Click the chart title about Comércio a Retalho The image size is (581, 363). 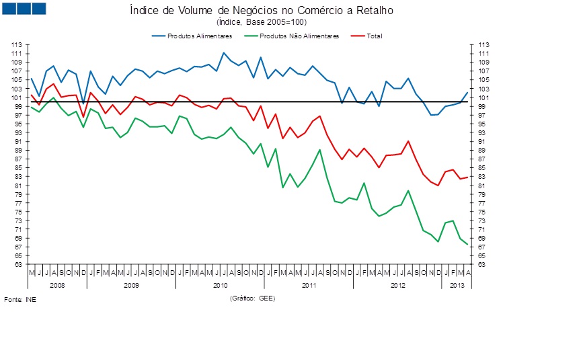(x=261, y=11)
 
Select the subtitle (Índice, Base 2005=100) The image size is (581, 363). (x=261, y=22)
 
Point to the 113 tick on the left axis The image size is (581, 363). (x=17, y=44)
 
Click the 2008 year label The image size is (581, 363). (x=57, y=286)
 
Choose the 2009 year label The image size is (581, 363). (x=131, y=286)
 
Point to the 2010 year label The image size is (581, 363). (x=220, y=286)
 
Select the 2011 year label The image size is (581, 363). (x=309, y=286)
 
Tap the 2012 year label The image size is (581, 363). (x=397, y=286)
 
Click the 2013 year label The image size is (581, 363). (x=457, y=286)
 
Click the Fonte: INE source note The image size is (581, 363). (x=20, y=299)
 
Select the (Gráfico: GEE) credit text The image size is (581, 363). (x=252, y=298)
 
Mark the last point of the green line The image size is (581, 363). (x=468, y=245)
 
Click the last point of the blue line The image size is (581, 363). (x=468, y=92)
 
